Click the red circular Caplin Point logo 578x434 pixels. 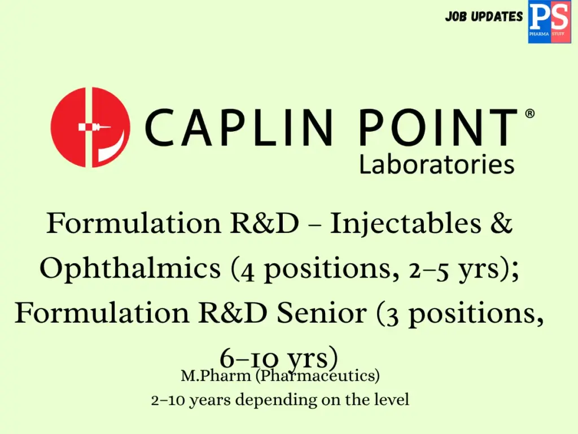pos(90,127)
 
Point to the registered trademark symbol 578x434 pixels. pos(529,114)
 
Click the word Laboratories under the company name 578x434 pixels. pos(436,165)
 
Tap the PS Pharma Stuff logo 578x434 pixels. pos(549,22)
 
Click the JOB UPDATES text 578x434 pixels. pos(484,16)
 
